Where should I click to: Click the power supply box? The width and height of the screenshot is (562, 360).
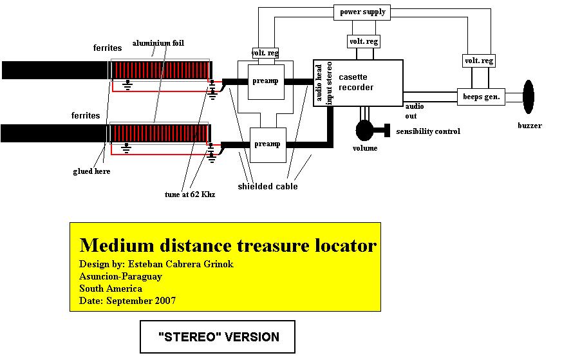[362, 12]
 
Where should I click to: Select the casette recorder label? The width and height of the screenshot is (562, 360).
[356, 82]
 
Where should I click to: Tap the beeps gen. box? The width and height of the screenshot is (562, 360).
[481, 97]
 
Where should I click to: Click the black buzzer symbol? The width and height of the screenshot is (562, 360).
[529, 97]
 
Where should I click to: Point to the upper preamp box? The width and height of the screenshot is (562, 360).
[266, 82]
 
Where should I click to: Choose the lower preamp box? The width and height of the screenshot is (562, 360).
[268, 145]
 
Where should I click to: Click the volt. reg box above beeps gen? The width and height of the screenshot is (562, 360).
[479, 61]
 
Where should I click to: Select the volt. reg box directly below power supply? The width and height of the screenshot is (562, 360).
[364, 42]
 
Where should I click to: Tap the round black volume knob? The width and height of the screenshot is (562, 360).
[364, 130]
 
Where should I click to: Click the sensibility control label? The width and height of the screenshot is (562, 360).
[428, 131]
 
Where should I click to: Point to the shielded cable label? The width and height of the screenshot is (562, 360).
[268, 187]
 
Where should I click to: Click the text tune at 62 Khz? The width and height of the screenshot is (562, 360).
[190, 194]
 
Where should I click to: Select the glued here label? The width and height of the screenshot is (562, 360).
[91, 171]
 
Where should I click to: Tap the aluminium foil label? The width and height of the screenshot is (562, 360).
[158, 43]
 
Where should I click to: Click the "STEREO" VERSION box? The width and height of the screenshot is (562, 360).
[218, 337]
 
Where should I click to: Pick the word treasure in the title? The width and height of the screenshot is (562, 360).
[273, 245]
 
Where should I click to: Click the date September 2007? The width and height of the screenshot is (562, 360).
[141, 301]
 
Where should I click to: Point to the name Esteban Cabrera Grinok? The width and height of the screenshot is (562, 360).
[181, 264]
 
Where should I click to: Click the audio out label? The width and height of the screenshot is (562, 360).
[414, 111]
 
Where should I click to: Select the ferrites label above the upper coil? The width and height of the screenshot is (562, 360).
[107, 48]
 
